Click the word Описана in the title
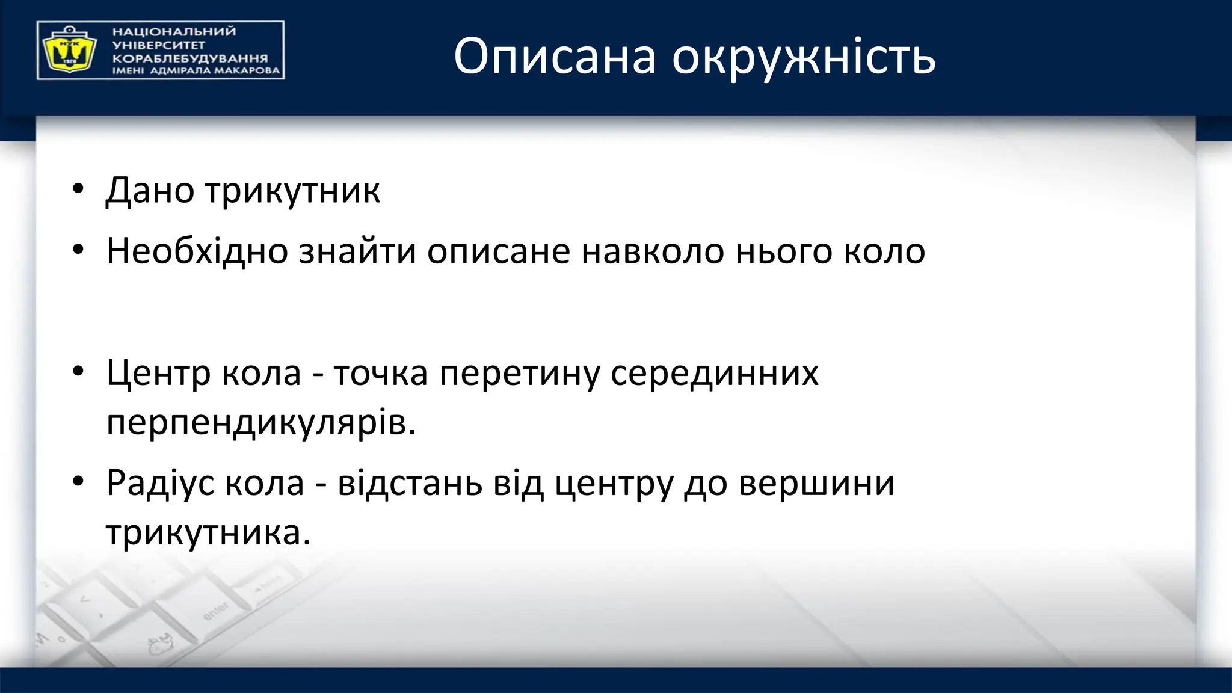coord(554,56)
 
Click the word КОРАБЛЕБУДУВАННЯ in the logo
coord(190,58)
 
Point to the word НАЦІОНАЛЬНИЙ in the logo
coord(174,31)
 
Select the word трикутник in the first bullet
coord(292,191)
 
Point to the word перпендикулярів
coord(261,423)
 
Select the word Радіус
coord(161,482)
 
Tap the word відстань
coord(410,482)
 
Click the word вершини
coord(816,482)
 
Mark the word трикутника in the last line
coord(208,532)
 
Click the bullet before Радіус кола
coord(78,482)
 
